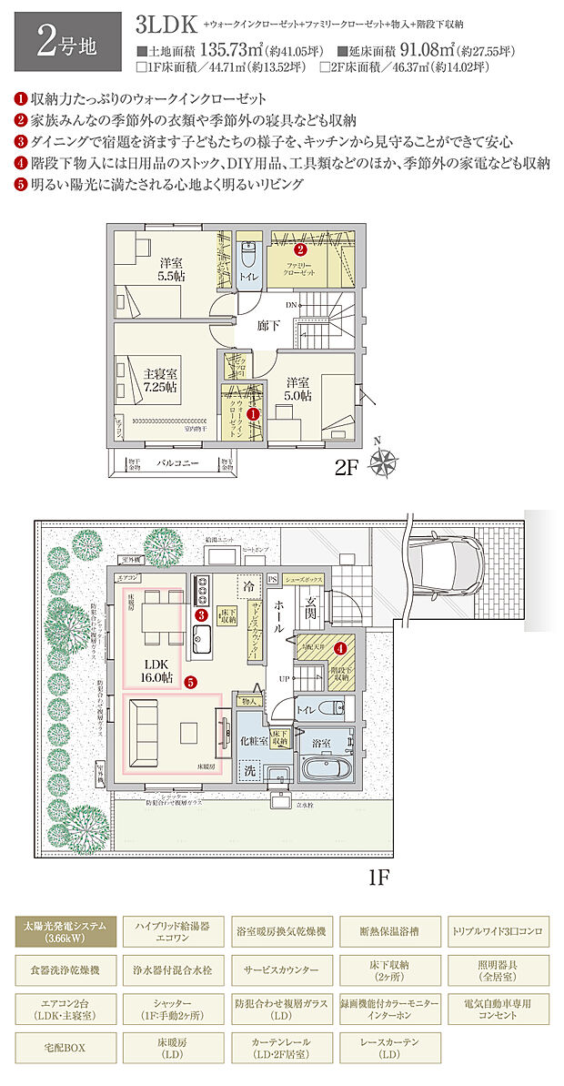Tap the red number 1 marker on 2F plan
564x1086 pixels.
[254, 412]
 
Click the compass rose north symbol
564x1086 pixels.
[385, 462]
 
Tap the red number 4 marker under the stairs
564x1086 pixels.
[339, 648]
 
